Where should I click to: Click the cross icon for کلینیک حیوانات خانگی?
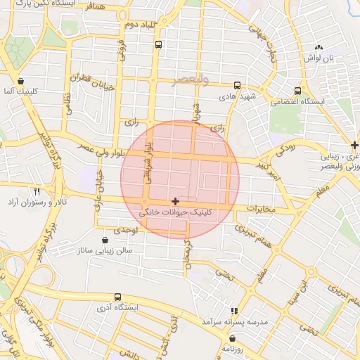[x=175, y=201]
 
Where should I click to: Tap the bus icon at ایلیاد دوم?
[x=157, y=45]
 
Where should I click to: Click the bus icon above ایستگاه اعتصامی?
[x=297, y=91]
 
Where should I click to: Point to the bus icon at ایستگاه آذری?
[x=117, y=297]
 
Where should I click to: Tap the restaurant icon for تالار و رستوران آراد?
[x=37, y=191]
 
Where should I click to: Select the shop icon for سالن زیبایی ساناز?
[x=105, y=240]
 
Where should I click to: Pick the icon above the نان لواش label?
[x=319, y=49]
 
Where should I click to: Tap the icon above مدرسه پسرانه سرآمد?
[x=234, y=310]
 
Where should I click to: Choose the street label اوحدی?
[x=131, y=230]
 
